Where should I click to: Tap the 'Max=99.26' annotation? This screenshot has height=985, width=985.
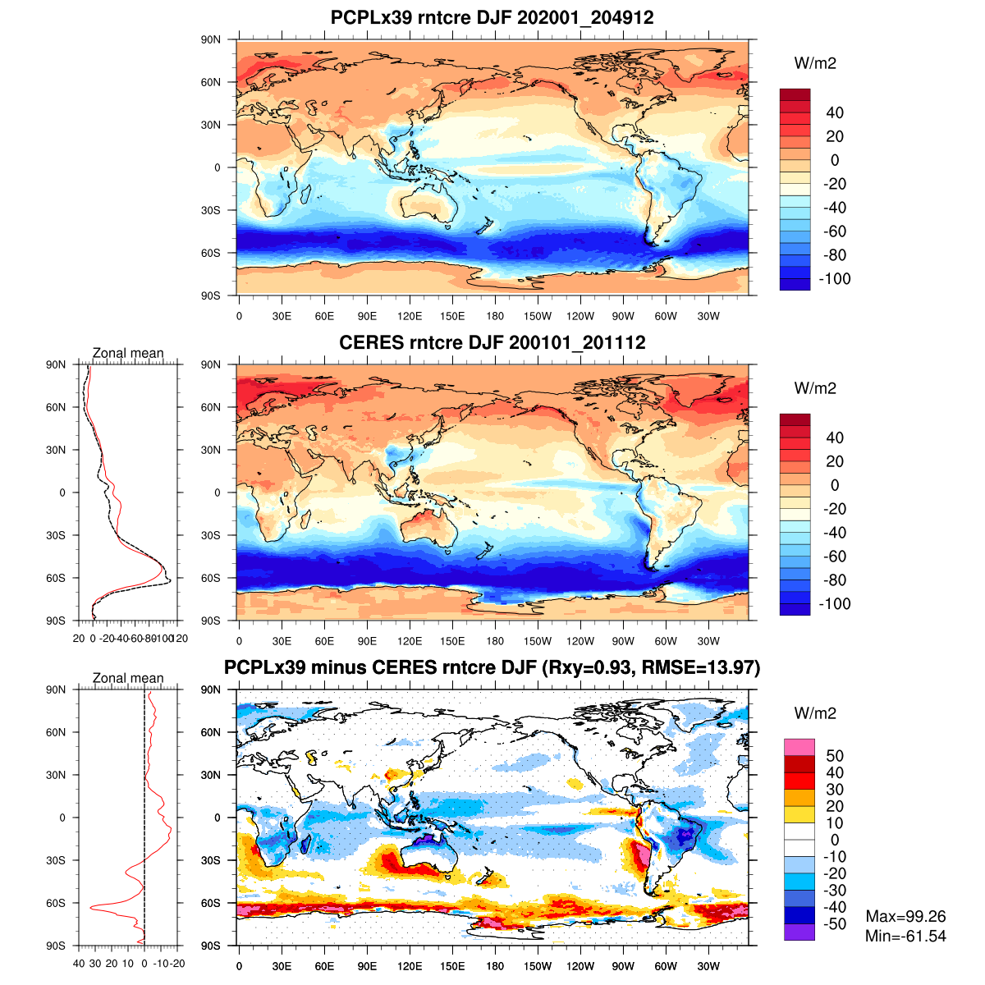(905, 916)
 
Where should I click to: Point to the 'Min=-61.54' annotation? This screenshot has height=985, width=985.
(905, 936)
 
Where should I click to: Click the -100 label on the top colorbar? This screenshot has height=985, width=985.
(835, 279)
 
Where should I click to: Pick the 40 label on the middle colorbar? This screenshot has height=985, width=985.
(835, 438)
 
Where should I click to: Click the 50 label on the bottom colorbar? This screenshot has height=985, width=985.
(835, 756)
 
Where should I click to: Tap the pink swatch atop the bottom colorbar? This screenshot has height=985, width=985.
(799, 747)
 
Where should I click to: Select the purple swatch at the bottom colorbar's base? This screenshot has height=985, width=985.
(799, 932)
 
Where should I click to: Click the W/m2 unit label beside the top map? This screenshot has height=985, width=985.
(815, 63)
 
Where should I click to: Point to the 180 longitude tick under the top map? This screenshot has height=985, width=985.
(495, 317)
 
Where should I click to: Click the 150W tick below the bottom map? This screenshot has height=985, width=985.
(538, 967)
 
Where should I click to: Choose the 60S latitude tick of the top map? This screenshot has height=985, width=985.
(212, 253)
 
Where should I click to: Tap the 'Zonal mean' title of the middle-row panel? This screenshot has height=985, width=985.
(128, 354)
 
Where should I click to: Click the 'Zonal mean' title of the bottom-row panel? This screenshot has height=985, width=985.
(128, 679)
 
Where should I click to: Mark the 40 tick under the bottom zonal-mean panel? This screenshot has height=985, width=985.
(79, 964)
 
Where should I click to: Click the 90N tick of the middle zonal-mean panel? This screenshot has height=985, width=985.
(56, 364)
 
